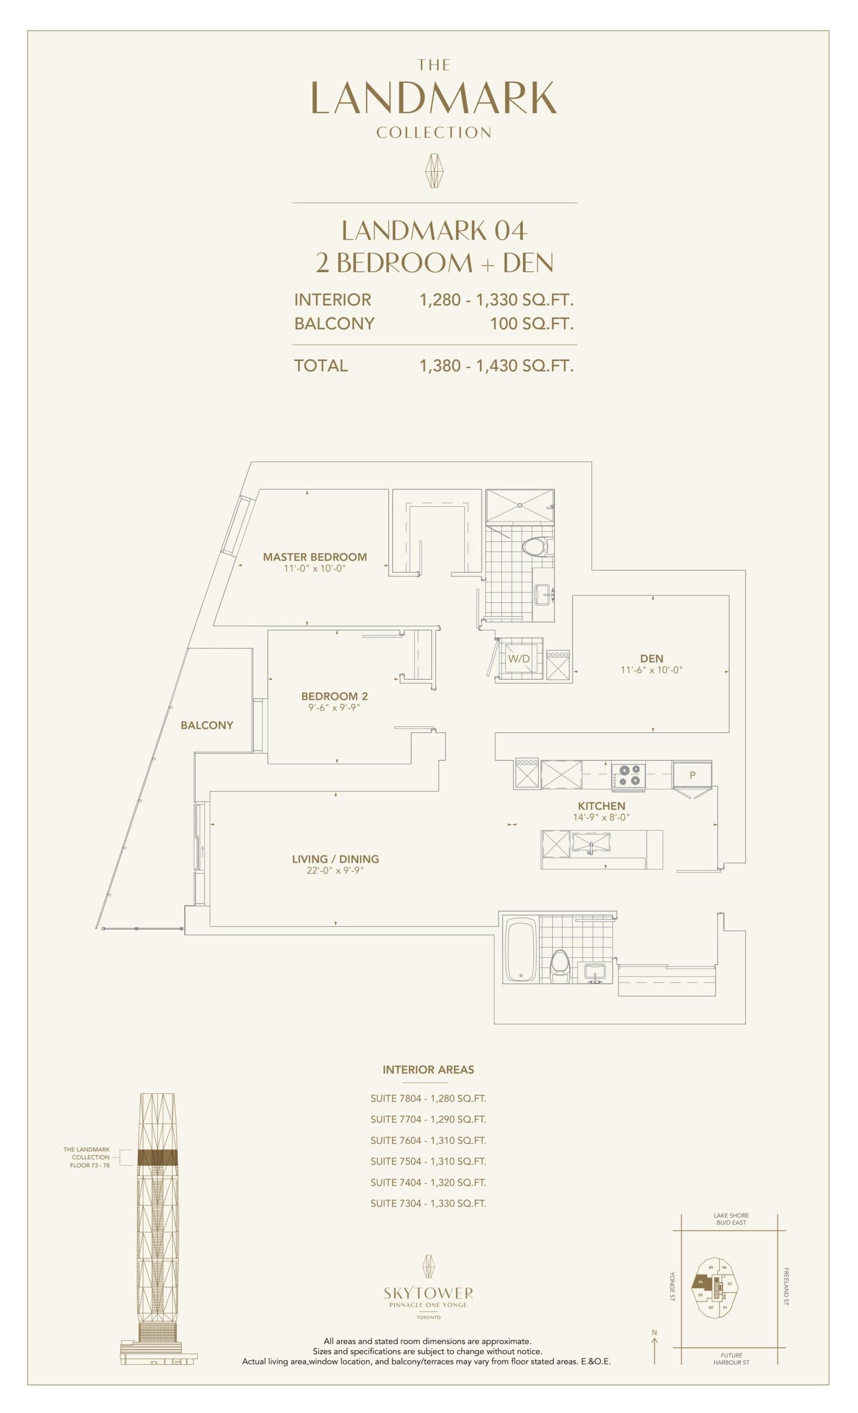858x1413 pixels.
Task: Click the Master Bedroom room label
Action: point(314,557)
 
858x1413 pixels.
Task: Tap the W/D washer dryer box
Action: point(518,658)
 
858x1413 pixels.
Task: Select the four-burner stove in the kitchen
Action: point(628,775)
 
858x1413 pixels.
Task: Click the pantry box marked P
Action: point(692,775)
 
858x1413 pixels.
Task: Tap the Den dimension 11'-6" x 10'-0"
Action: point(651,670)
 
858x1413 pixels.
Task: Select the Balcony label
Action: point(206,725)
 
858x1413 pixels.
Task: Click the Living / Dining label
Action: point(335,859)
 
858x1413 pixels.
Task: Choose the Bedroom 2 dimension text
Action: point(334,708)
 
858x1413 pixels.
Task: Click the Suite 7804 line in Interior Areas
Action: point(428,1099)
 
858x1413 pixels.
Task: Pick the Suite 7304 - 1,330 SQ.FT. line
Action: point(428,1204)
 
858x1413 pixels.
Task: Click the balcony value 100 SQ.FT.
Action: point(531,323)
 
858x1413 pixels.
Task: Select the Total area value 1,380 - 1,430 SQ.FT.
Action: point(496,366)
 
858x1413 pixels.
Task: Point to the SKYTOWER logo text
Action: point(428,1293)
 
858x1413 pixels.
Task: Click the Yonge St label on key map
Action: point(672,1286)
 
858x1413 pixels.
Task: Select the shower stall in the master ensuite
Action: point(520,505)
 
